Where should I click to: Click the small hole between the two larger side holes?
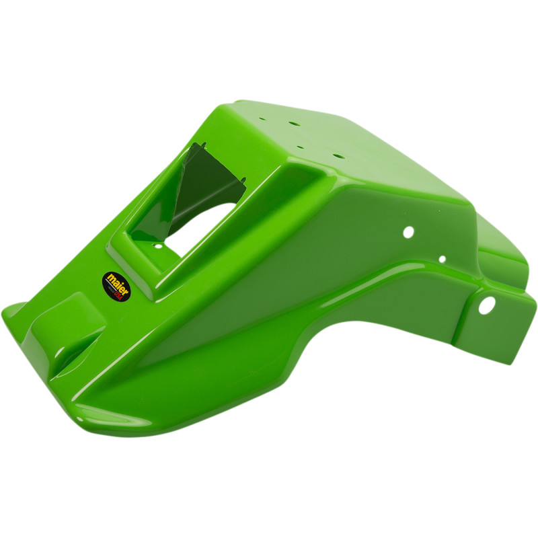[x=442, y=259]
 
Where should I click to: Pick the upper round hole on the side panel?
[x=408, y=232]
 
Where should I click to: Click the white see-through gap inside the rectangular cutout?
[x=202, y=225]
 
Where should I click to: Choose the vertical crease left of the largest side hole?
[x=464, y=309]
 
